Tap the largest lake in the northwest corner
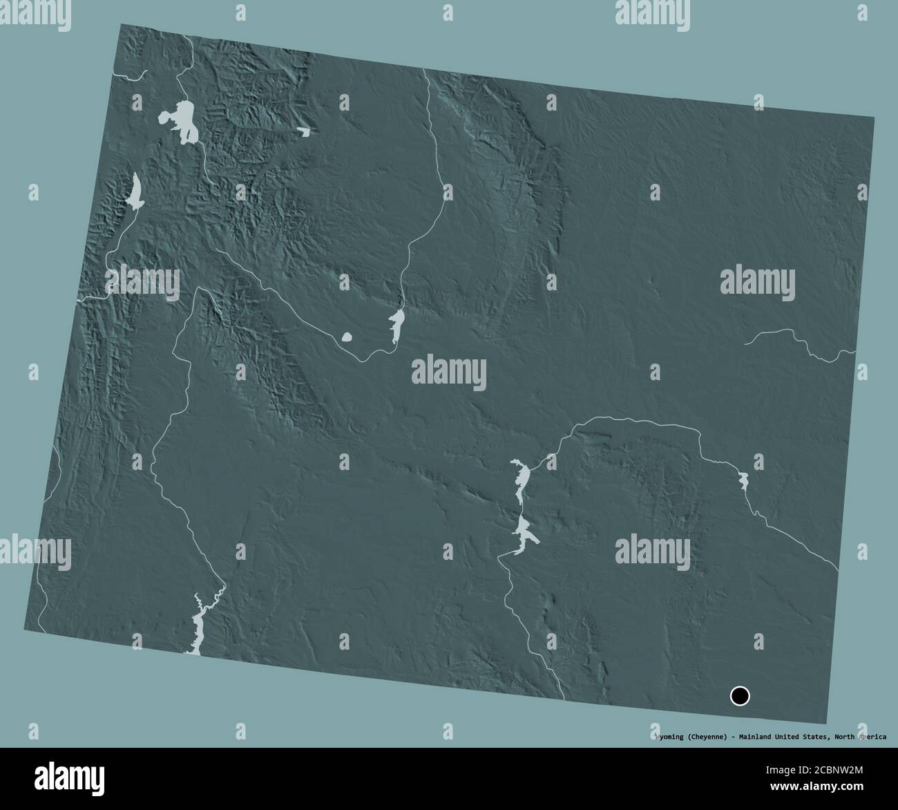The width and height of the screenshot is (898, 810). (182, 122)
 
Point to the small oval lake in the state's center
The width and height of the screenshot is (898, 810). (347, 337)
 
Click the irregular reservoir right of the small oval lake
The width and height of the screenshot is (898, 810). (397, 325)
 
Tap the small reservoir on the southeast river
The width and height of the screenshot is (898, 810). (743, 480)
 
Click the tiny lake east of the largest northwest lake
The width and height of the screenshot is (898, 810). (304, 131)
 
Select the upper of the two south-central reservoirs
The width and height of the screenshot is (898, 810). (522, 477)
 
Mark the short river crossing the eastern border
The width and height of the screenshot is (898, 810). (801, 343)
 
